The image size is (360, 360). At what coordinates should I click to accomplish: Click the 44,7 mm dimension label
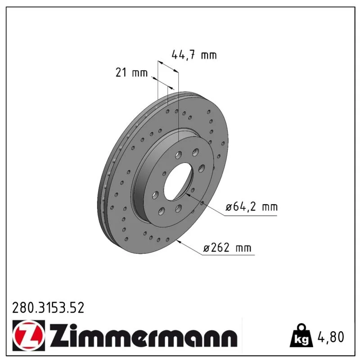194,55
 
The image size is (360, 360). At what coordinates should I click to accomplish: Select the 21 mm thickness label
131,72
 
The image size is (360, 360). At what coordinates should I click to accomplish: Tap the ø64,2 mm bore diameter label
252,207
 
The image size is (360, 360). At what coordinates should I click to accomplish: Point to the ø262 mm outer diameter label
227,247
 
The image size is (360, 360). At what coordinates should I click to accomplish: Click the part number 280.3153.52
48,308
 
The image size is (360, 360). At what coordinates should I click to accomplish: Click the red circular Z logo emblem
29,335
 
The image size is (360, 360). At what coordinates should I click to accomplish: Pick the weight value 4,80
331,337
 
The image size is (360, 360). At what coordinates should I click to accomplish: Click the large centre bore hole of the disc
178,181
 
